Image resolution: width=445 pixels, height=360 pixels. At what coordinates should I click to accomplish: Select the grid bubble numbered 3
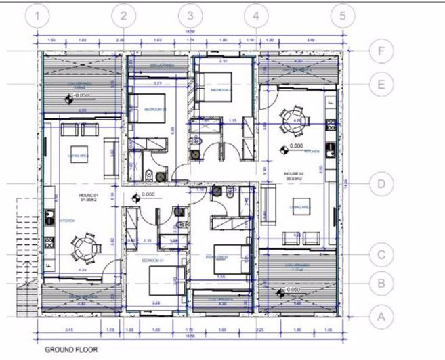point(191,15)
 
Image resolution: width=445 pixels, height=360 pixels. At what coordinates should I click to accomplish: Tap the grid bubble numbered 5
point(343,15)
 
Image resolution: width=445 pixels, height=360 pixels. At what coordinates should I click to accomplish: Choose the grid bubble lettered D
point(383,184)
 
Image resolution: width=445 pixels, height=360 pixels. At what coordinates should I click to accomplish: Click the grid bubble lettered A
point(383,315)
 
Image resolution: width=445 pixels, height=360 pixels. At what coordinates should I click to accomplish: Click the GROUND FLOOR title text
point(71,350)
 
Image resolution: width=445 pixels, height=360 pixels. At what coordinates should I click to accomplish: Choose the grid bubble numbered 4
point(255,15)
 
